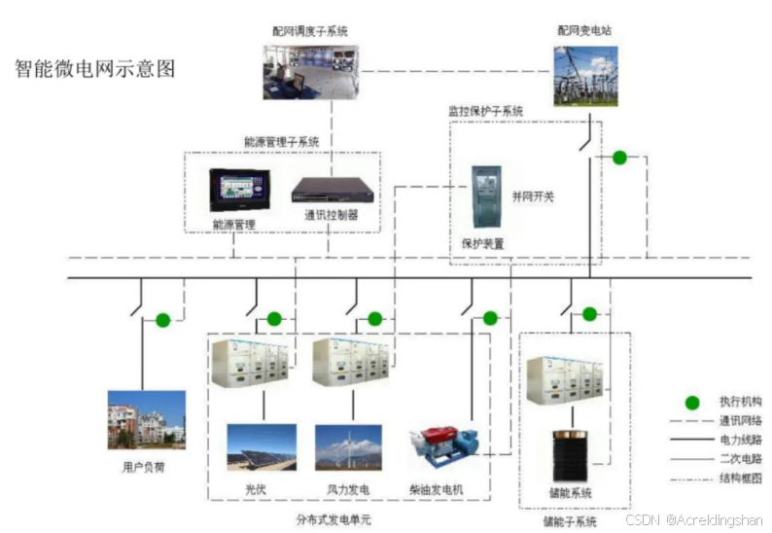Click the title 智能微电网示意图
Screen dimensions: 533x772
pyautogui.click(x=95, y=70)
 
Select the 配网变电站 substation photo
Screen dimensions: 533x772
pyautogui.click(x=585, y=76)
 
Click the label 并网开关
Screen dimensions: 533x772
pyautogui.click(x=533, y=196)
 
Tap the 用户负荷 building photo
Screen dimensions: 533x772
pyautogui.click(x=146, y=420)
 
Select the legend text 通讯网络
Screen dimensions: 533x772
pyautogui.click(x=741, y=421)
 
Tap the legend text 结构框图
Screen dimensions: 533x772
pyautogui.click(x=741, y=478)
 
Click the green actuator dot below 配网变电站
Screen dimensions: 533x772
pyautogui.click(x=618, y=158)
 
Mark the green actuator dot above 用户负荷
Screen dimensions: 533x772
pyautogui.click(x=163, y=319)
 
